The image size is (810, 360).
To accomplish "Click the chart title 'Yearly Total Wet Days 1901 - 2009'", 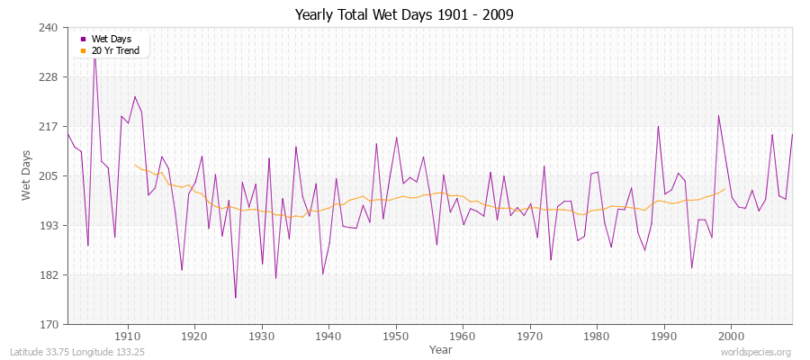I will pyautogui.click(x=404, y=15).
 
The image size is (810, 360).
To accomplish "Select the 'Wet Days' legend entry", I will pyautogui.click(x=111, y=39).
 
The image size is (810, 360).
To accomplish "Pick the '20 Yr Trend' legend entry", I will pyautogui.click(x=115, y=50).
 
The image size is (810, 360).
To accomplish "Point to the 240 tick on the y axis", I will pyautogui.click(x=49, y=28).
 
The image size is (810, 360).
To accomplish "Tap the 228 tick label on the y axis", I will pyautogui.click(x=49, y=77).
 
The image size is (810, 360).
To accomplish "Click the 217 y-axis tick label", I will pyautogui.click(x=49, y=127).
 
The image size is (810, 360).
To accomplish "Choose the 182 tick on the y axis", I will pyautogui.click(x=49, y=274).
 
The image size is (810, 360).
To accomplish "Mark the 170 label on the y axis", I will pyautogui.click(x=49, y=324).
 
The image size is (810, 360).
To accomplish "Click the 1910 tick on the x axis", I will pyautogui.click(x=127, y=336).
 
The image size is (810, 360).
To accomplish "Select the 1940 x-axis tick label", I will pyautogui.click(x=328, y=336).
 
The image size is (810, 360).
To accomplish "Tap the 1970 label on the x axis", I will pyautogui.click(x=529, y=336).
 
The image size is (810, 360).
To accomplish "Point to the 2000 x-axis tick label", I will pyautogui.click(x=731, y=336).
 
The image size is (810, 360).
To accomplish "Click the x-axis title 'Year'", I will pyautogui.click(x=441, y=348).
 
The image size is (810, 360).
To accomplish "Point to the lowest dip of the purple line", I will pyautogui.click(x=236, y=298).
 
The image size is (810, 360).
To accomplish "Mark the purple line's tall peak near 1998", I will pyautogui.click(x=718, y=115).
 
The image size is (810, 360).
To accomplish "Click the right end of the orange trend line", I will pyautogui.click(x=725, y=188).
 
